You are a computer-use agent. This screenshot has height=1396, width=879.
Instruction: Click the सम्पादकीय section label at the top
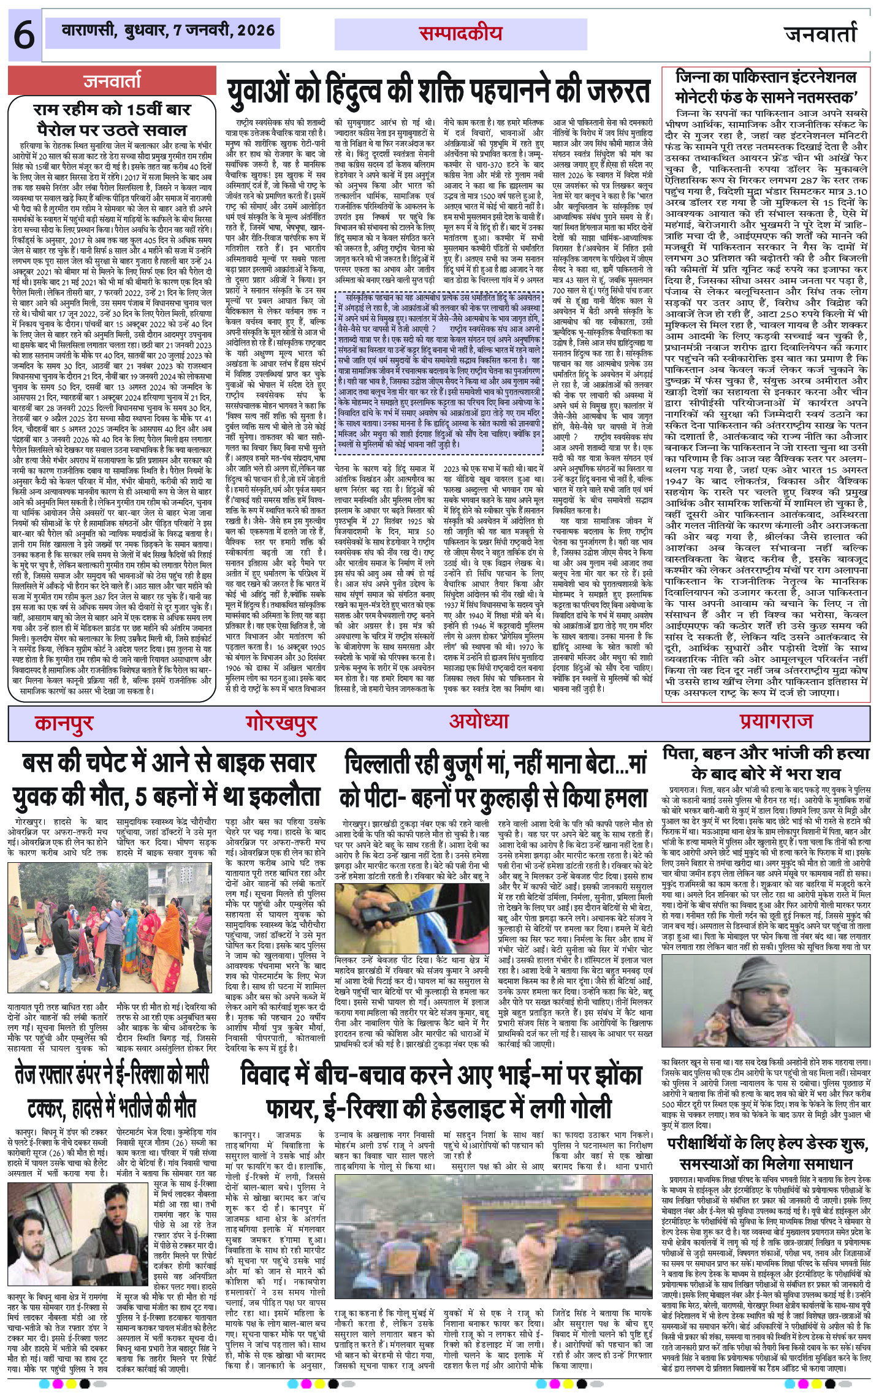click(x=460, y=34)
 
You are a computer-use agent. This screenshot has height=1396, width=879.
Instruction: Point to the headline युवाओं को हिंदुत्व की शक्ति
click(x=439, y=89)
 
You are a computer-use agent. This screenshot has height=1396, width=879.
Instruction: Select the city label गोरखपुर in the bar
click(x=281, y=723)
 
